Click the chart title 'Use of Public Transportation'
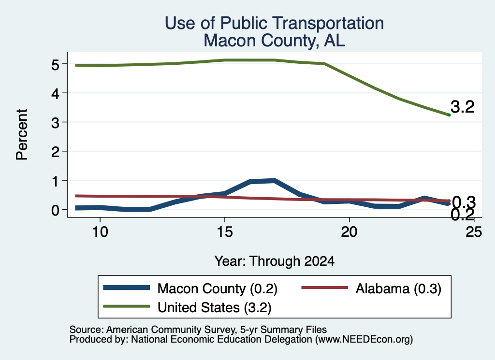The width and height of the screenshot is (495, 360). pyautogui.click(x=275, y=23)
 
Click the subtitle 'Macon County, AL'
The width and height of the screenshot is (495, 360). pyautogui.click(x=275, y=41)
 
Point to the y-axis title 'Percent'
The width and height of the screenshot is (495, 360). pyautogui.click(x=22, y=135)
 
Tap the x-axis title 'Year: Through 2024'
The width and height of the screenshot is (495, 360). pyautogui.click(x=275, y=261)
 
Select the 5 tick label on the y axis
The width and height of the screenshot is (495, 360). pyautogui.click(x=55, y=65)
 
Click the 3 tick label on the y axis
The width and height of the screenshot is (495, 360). pyautogui.click(x=55, y=122)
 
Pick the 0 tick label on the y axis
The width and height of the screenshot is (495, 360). pyautogui.click(x=55, y=210)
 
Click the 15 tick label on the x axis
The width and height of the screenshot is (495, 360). pyautogui.click(x=224, y=232)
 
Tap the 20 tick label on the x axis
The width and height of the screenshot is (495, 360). pyautogui.click(x=349, y=232)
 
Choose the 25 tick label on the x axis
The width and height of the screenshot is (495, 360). pyautogui.click(x=474, y=232)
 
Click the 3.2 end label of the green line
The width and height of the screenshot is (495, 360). pyautogui.click(x=463, y=107)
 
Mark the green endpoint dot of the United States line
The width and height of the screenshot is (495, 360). pyautogui.click(x=449, y=115)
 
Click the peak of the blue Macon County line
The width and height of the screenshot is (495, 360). pyautogui.click(x=274, y=181)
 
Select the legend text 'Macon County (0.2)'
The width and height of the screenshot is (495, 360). pyautogui.click(x=218, y=288)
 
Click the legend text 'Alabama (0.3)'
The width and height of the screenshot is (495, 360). pyautogui.click(x=398, y=288)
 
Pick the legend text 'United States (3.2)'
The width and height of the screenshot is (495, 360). pyautogui.click(x=215, y=307)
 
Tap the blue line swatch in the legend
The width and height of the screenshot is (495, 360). pyautogui.click(x=126, y=288)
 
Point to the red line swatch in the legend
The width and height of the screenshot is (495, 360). pyautogui.click(x=325, y=288)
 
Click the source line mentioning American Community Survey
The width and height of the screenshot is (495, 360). pyautogui.click(x=198, y=330)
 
